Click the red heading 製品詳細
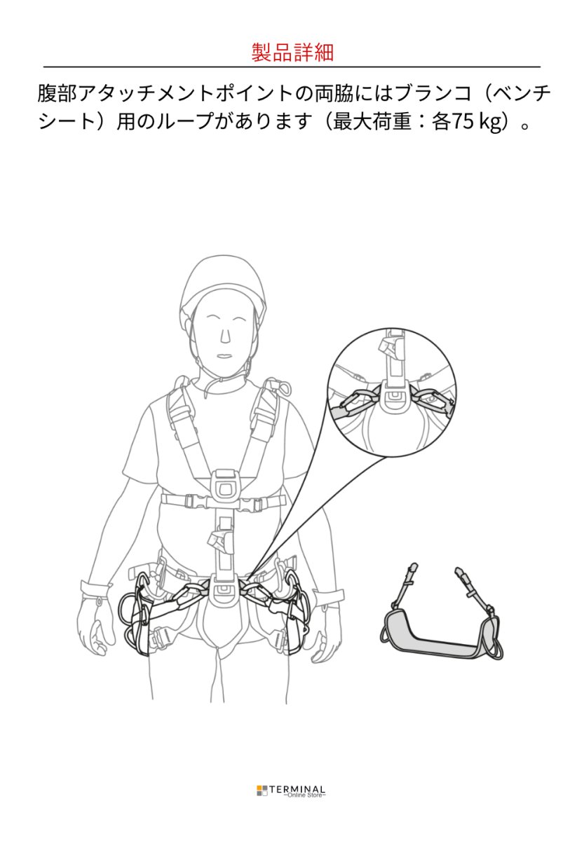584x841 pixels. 292,53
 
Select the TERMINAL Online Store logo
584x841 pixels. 291,791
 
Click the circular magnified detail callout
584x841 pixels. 392,392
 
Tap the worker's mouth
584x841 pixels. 224,355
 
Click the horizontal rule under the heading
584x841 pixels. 292,67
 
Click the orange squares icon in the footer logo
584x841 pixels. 262,791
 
